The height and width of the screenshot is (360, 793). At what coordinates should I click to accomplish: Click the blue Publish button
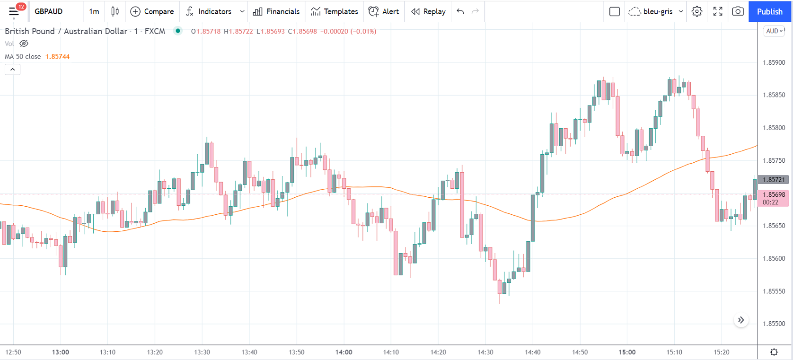click(x=769, y=11)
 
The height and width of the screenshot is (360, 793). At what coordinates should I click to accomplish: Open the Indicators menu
click(x=209, y=11)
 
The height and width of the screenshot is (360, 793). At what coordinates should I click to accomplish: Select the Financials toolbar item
click(x=276, y=11)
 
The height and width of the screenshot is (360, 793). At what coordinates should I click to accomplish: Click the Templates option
click(x=335, y=11)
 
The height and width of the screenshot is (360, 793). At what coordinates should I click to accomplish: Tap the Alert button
click(x=384, y=11)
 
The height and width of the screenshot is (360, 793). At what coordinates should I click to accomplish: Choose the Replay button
click(x=428, y=11)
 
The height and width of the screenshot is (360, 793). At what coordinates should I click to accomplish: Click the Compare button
click(x=152, y=11)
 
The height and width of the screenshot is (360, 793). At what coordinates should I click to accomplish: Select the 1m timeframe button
click(x=94, y=11)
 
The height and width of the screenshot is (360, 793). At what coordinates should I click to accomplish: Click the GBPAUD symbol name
click(x=49, y=11)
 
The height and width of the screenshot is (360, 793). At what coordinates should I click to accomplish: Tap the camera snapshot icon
click(x=738, y=11)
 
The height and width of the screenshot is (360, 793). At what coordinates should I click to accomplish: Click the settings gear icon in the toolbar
click(x=697, y=11)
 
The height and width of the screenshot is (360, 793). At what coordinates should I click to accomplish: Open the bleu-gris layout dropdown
click(x=656, y=11)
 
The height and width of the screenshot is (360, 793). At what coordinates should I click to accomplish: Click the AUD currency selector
click(x=774, y=31)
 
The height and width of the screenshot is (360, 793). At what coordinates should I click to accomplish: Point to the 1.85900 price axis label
click(x=774, y=62)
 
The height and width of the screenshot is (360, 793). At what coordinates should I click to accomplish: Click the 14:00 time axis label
click(x=344, y=352)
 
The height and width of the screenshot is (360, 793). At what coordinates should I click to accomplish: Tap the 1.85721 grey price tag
click(x=774, y=180)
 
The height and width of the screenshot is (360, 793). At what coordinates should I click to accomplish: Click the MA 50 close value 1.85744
click(x=57, y=56)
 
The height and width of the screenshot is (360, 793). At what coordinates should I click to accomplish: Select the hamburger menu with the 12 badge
click(x=14, y=11)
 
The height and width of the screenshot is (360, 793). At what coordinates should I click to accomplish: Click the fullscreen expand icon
click(x=718, y=11)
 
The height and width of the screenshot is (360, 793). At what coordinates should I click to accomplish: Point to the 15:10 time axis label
click(x=674, y=352)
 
